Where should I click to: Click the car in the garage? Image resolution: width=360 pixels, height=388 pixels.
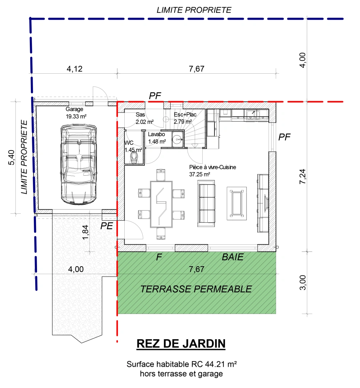tap(79, 165)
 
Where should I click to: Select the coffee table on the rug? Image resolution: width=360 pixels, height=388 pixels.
tap(236, 203)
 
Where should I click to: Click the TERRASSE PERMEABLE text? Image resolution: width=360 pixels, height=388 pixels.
tap(196, 289)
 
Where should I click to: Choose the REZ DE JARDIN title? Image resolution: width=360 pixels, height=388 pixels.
tap(181, 344)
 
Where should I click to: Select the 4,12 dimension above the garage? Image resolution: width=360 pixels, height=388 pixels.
tap(75, 69)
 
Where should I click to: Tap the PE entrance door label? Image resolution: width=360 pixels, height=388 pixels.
tap(107, 226)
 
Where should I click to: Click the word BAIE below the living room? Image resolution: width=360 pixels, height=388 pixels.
tap(232, 257)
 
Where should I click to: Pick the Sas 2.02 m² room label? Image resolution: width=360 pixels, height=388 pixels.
tap(144, 118)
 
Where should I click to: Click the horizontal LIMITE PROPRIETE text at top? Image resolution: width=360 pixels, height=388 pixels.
tap(194, 10)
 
